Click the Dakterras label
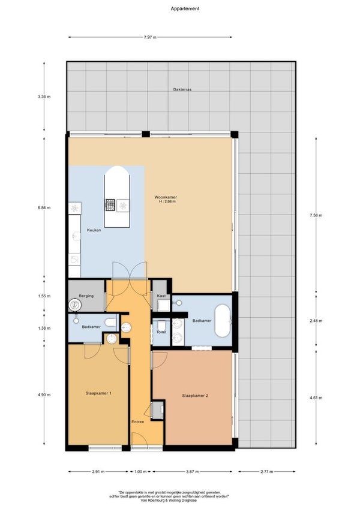pyautogui.click(x=182, y=89)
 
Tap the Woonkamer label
pyautogui.click(x=166, y=197)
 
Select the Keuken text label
pyautogui.click(x=94, y=230)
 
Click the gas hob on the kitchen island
pyautogui.click(x=110, y=205)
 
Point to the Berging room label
pyautogui.click(x=86, y=296)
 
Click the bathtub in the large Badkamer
pyautogui.click(x=223, y=321)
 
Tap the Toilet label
pyautogui.click(x=161, y=332)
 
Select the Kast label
pyautogui.click(x=161, y=296)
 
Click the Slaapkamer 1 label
pyautogui.click(x=98, y=393)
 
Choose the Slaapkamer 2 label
pyautogui.click(x=195, y=396)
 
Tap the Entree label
pyautogui.click(x=138, y=421)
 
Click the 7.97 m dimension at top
pyautogui.click(x=150, y=37)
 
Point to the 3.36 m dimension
pyautogui.click(x=44, y=97)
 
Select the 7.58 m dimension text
pyautogui.click(x=316, y=215)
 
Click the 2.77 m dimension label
pyautogui.click(x=267, y=472)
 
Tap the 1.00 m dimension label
pyautogui.click(x=140, y=472)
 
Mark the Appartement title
pyautogui.click(x=185, y=9)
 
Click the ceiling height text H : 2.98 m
pyautogui.click(x=167, y=201)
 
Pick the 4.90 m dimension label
pyautogui.click(x=44, y=394)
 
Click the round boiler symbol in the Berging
pyautogui.click(x=75, y=305)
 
